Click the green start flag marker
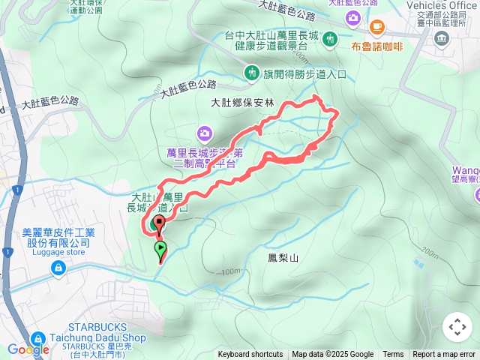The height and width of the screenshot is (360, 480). coord(160,249)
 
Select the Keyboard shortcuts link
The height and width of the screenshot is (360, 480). coord(250,355)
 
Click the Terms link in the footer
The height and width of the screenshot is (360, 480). coord(393,355)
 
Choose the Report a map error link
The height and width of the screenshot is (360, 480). coord(445,355)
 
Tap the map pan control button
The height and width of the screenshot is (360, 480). coord(457,327)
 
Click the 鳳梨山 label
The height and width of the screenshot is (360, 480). coord(283,258)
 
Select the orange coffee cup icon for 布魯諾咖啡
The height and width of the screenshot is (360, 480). coord(376,29)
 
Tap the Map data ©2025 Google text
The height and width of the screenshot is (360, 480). coord(332,355)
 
